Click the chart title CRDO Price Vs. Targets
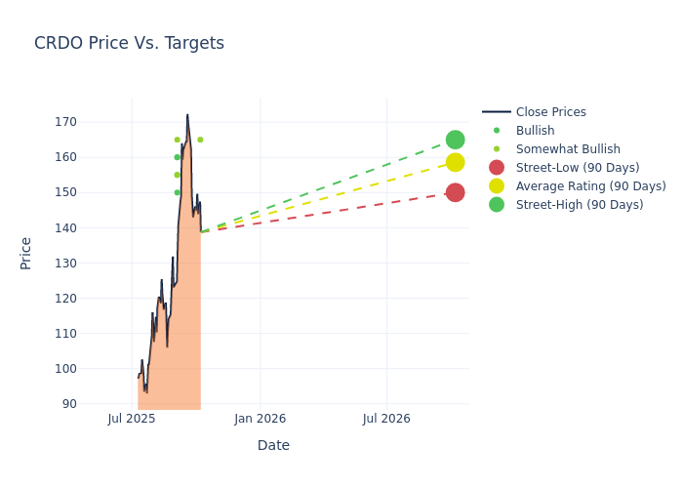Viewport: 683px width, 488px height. tap(129, 43)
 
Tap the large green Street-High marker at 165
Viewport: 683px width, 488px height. tap(455, 140)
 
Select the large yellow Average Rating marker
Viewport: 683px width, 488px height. tap(455, 162)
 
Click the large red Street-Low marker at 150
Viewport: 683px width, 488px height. tap(455, 192)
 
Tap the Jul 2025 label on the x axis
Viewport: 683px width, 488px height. tap(132, 419)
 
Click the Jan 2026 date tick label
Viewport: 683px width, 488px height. tap(261, 419)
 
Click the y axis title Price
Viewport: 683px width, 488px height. tap(26, 253)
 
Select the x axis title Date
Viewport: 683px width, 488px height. tap(273, 445)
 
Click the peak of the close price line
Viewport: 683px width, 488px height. tap(187, 115)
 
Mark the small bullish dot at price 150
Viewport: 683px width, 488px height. tap(177, 192)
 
